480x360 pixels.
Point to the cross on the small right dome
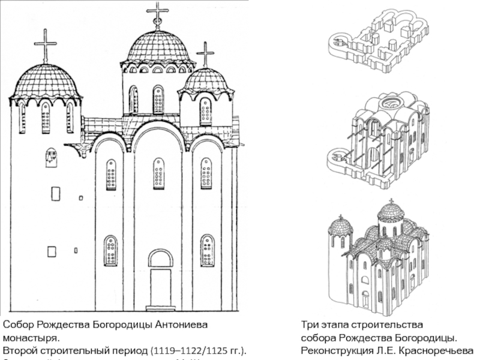(x=205, y=53)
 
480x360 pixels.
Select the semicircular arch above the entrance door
(x=160, y=258)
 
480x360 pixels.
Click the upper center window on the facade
(x=158, y=173)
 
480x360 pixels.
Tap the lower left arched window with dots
(x=110, y=250)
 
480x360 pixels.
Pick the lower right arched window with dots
(x=206, y=250)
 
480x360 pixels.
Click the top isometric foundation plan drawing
(x=378, y=39)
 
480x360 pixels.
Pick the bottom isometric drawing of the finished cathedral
(x=378, y=258)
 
